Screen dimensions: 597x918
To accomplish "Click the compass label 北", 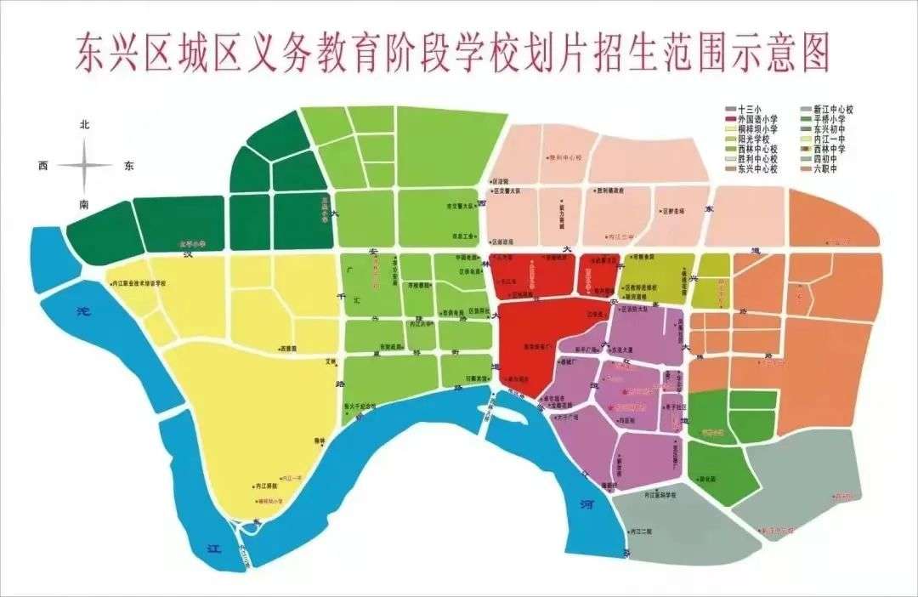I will pyautogui.click(x=84, y=124).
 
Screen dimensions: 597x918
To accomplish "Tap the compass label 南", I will pyautogui.click(x=84, y=205).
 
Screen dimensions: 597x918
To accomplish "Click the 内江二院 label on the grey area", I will pyautogui.click(x=642, y=531).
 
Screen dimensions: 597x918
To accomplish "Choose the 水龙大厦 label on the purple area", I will pyautogui.click(x=639, y=348).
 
